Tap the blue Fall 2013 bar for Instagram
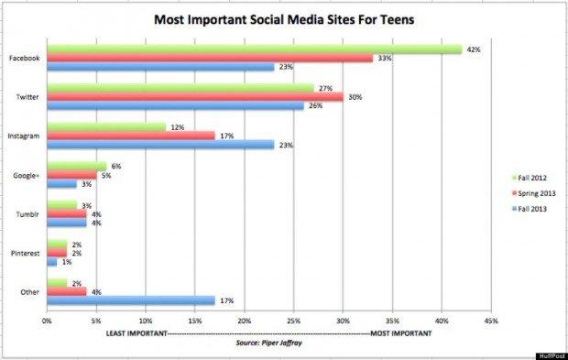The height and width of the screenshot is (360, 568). (x=159, y=144)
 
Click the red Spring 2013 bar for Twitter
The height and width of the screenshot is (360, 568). (x=194, y=96)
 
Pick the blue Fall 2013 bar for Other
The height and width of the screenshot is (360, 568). (x=130, y=300)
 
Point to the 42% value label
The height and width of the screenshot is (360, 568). (x=471, y=49)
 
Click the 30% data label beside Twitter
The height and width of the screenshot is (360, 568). (x=353, y=96)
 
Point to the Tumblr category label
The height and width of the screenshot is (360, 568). (x=27, y=213)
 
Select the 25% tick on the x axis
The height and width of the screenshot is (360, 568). (x=293, y=322)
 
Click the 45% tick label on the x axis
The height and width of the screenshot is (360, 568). (x=491, y=322)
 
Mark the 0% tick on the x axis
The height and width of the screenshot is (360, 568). (x=47, y=322)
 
